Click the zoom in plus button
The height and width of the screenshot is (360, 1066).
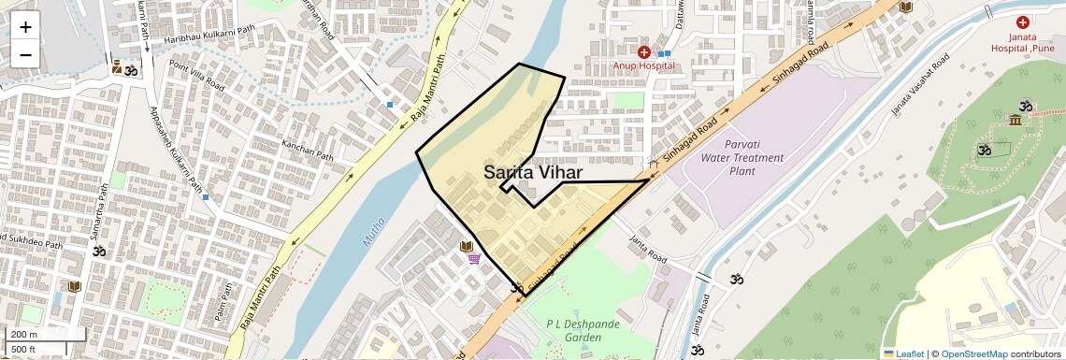click(25, 26)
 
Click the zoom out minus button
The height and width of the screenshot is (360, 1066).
click(25, 55)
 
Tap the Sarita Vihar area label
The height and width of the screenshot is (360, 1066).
click(533, 172)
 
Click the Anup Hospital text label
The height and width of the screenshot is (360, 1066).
click(643, 66)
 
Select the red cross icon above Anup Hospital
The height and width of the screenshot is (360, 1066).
click(643, 52)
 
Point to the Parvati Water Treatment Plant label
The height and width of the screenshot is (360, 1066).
click(741, 157)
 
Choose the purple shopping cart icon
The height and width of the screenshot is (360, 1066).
click(475, 259)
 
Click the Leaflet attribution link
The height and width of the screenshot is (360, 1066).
click(903, 353)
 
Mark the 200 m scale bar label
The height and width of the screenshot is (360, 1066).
click(23, 335)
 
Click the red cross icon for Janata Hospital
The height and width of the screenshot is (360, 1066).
click(1022, 22)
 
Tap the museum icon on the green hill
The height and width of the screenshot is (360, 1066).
click(1015, 120)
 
